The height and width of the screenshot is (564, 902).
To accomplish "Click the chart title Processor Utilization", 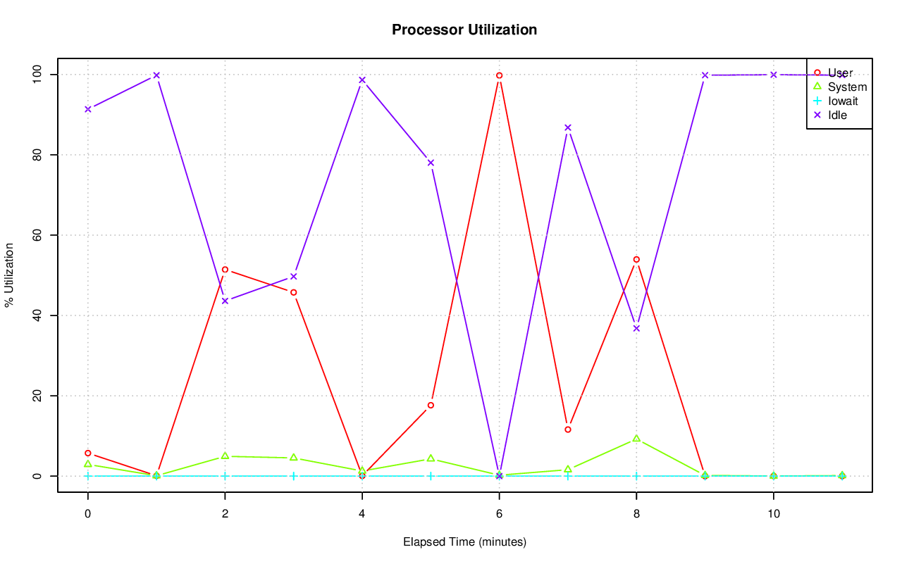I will tap(464, 30).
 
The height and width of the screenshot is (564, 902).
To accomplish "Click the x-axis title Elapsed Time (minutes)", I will tap(464, 542).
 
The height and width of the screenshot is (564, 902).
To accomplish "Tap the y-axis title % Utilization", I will tap(10, 275).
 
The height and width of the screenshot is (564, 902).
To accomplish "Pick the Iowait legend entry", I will tap(843, 101).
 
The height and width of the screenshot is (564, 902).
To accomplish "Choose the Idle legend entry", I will tap(837, 115).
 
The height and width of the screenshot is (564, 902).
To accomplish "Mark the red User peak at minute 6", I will tap(499, 75).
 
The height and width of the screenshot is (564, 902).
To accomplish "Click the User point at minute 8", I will tap(636, 259).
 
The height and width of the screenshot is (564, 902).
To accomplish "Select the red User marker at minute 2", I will tap(225, 270).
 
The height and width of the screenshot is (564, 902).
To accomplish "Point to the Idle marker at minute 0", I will tap(87, 109).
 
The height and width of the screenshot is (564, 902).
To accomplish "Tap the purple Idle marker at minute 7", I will tap(568, 127).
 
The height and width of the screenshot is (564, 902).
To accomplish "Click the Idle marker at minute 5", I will tap(431, 163).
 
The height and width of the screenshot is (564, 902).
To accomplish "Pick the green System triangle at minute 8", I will tap(636, 439).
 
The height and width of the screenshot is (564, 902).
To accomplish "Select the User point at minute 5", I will tap(431, 405).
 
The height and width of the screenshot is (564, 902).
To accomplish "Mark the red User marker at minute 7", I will tap(568, 430).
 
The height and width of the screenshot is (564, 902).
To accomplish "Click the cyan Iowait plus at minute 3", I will tap(293, 476).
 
